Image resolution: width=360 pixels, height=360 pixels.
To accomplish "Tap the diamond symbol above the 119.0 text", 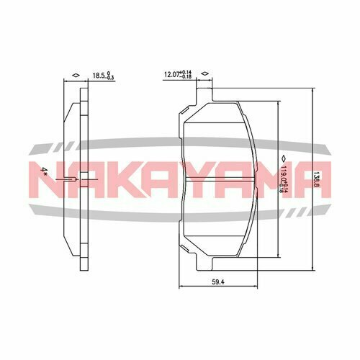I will pyautogui.click(x=283, y=156).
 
